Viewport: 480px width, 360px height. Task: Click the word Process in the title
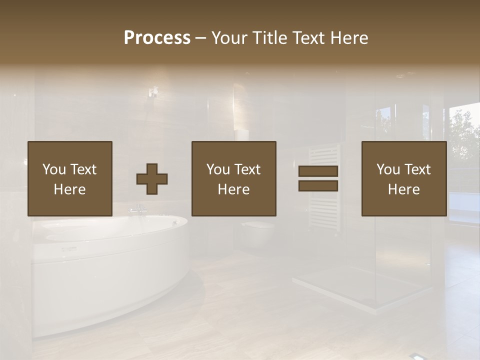point(157,37)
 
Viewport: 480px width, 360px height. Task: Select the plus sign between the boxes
point(152,179)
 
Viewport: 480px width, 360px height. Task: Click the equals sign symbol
point(318,178)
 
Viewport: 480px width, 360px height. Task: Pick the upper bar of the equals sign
point(318,171)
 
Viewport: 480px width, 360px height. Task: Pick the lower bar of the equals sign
point(318,186)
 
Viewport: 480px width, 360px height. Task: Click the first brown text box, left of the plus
point(70,178)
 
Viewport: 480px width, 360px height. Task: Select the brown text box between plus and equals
point(234,178)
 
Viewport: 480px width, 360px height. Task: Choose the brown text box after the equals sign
point(404,178)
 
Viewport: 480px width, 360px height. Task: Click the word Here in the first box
point(70,189)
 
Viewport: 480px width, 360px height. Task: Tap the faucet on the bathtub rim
point(138,209)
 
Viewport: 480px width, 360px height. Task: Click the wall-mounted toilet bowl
point(258,232)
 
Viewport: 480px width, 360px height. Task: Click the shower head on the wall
point(153,92)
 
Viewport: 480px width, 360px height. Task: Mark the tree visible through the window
point(464,135)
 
